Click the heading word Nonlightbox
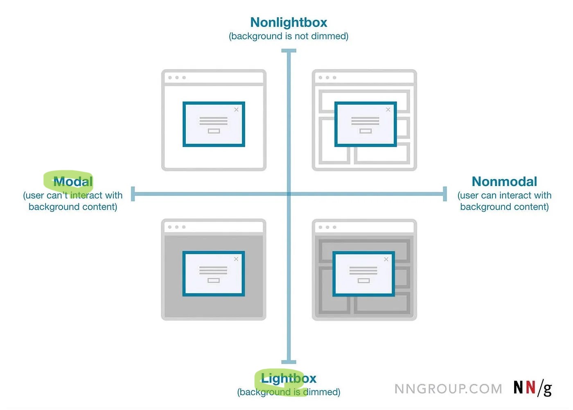(289, 22)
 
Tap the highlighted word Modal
(73, 181)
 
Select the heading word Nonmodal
(504, 181)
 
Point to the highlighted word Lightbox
(289, 379)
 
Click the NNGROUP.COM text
(448, 389)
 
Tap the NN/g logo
(532, 388)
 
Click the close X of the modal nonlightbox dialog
(236, 110)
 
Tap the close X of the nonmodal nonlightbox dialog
(388, 110)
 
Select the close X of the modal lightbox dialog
(236, 259)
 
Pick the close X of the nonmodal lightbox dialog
(386, 259)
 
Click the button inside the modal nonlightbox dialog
(214, 131)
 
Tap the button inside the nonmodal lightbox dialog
(363, 281)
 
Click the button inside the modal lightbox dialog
(214, 281)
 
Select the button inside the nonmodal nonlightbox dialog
(365, 131)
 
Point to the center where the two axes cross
(289, 194)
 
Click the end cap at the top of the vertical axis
(289, 51)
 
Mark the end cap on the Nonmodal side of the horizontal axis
(445, 194)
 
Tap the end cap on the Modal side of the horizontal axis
(133, 194)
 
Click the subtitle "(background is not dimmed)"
(289, 36)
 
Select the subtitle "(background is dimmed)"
(289, 392)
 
